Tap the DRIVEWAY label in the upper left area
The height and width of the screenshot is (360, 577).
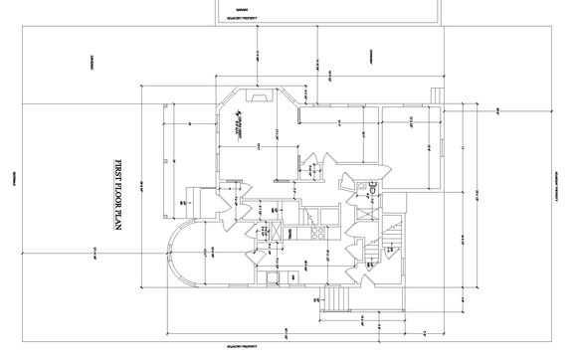(92, 59)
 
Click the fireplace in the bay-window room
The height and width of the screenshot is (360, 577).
(259, 97)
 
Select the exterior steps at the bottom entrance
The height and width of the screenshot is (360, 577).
(338, 298)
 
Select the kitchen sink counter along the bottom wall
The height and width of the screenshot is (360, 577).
(288, 275)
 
